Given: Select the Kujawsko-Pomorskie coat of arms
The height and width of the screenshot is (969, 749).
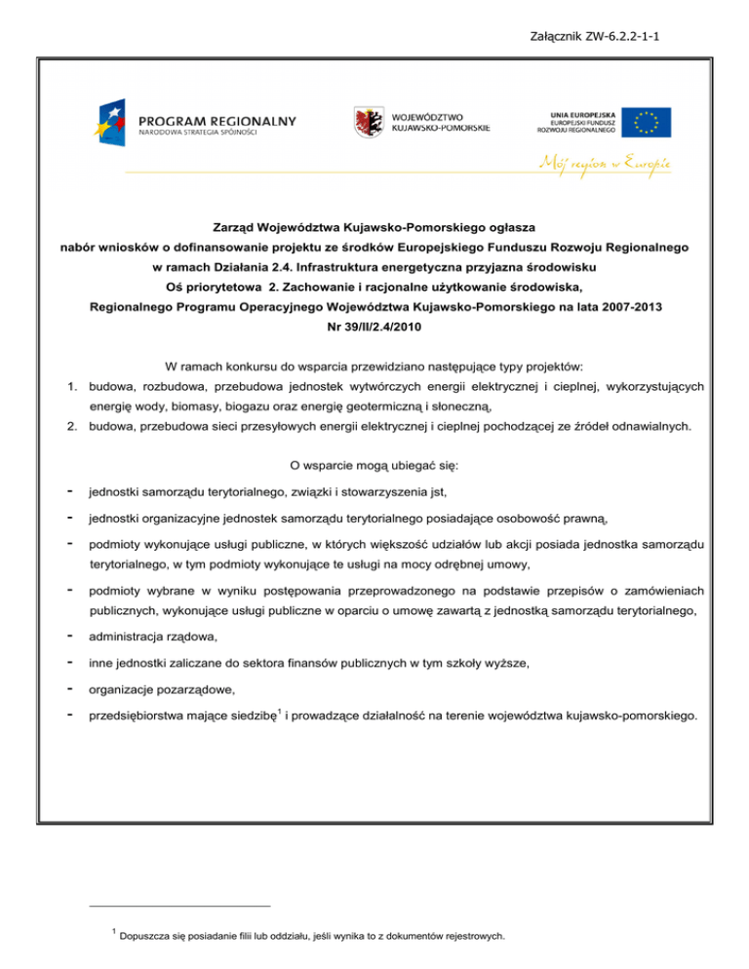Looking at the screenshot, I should click(368, 122).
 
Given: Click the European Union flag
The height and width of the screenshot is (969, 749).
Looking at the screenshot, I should click(647, 121).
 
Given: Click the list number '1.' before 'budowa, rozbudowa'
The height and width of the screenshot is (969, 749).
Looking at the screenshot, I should click(72, 387).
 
